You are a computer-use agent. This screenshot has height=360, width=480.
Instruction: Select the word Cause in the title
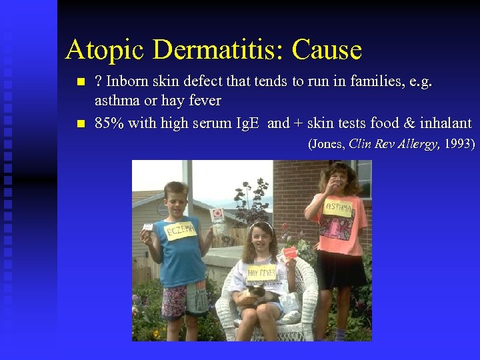(327, 50)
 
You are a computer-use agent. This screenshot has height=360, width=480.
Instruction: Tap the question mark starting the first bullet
(99, 83)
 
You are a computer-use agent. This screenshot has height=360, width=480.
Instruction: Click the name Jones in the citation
(328, 143)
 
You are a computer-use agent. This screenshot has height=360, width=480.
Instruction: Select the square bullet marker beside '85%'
(81, 123)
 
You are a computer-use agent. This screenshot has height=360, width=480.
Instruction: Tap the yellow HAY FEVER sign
(261, 273)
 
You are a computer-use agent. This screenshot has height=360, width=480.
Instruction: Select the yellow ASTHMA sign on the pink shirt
(337, 209)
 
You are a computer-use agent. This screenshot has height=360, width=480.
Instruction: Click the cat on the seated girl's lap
(257, 294)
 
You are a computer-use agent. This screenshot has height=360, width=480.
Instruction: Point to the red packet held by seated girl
(290, 253)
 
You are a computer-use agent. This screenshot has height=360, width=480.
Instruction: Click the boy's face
(176, 198)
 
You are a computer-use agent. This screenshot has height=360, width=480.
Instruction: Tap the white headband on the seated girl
(261, 225)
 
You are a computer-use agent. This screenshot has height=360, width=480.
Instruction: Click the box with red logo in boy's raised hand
(217, 215)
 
